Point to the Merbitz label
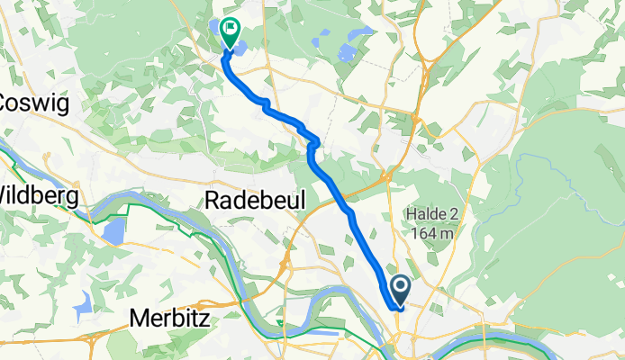click(175, 317)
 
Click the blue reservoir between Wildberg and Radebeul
click(113, 231)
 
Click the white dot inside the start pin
click(402, 286)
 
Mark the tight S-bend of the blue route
click(312, 141)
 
